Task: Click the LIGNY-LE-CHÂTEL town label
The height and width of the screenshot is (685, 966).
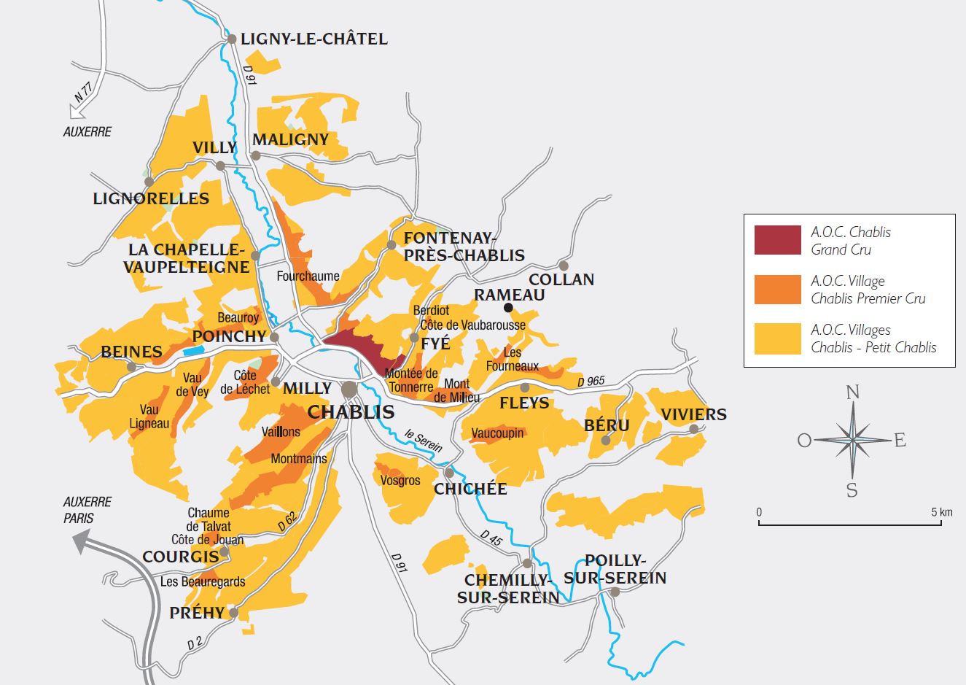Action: (313, 39)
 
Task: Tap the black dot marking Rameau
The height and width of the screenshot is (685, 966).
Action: (508, 308)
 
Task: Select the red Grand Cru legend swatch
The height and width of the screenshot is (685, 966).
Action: (777, 241)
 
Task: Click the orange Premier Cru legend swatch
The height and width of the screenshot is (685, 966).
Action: (777, 290)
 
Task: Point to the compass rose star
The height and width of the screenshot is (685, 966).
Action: (852, 440)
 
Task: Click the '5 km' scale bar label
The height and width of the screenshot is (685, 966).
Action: (940, 512)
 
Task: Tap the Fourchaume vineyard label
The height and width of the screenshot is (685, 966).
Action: (308, 276)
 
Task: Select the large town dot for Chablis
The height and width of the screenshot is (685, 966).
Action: (350, 388)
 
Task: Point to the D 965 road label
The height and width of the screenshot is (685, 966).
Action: (591, 382)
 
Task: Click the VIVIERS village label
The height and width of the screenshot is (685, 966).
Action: (693, 414)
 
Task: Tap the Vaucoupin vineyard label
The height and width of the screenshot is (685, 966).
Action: (497, 433)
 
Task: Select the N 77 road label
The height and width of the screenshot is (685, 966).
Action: (83, 93)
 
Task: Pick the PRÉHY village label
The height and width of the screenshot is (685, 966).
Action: (197, 613)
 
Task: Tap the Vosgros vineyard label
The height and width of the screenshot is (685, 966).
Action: (400, 480)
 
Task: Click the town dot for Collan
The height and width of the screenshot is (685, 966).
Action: (563, 266)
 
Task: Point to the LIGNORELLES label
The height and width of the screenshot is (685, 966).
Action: (151, 198)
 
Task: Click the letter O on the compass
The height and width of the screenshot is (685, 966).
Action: (804, 441)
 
